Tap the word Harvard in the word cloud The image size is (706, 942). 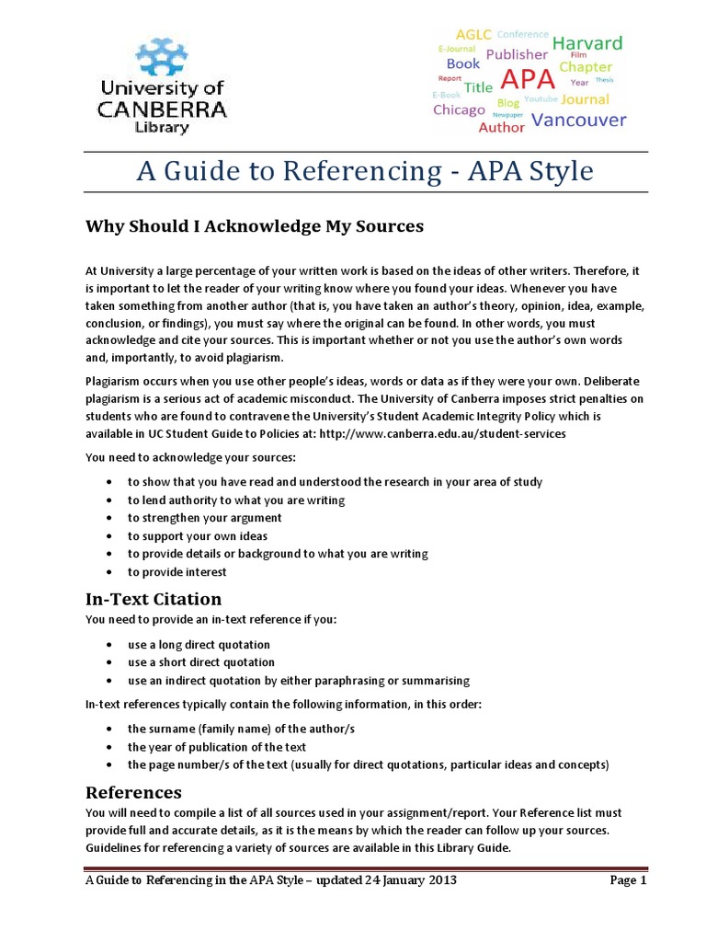[x=586, y=43]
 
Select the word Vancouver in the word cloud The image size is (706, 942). [x=579, y=120]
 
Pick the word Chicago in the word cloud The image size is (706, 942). [x=459, y=109]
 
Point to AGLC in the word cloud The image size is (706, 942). [x=473, y=35]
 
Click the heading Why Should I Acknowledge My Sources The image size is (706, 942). [x=242, y=225]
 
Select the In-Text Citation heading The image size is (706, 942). [x=154, y=599]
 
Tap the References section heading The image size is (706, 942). [x=133, y=792]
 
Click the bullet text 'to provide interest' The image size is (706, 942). [x=176, y=572]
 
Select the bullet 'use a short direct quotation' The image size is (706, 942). [x=200, y=662]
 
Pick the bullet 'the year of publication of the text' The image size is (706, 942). [x=217, y=747]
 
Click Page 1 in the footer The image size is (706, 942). [x=629, y=880]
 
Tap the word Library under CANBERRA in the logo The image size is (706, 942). [x=162, y=127]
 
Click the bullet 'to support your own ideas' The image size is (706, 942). [x=198, y=536]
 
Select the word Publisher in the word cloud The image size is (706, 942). [x=516, y=54]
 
